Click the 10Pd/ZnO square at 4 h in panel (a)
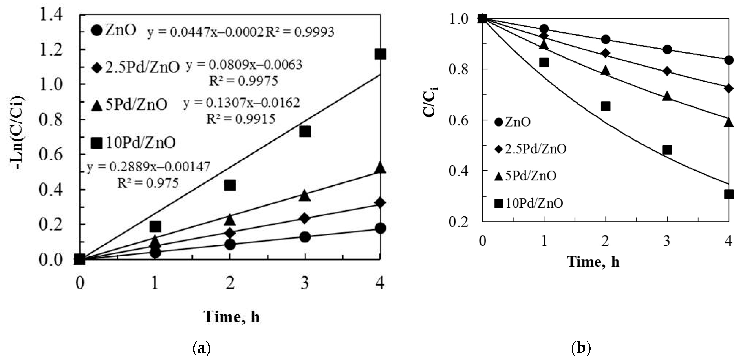(380, 54)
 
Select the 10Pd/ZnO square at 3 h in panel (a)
(305, 132)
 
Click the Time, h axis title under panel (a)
(232, 317)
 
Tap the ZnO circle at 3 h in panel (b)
(667, 49)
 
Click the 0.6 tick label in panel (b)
(458, 120)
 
